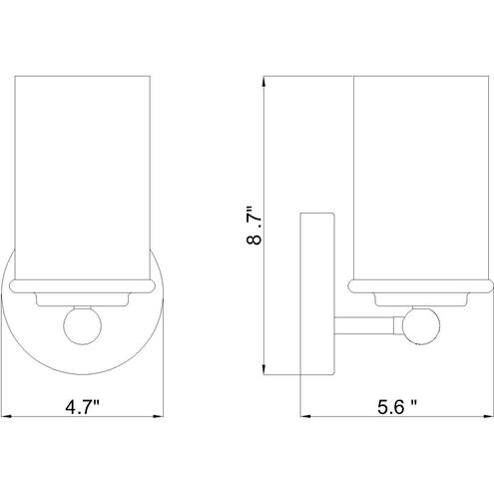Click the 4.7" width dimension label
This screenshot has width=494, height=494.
82,407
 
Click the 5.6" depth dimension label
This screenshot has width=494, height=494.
397,407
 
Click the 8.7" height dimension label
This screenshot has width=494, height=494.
254,226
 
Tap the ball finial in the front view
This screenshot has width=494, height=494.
82,325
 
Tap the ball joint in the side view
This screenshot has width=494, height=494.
421,325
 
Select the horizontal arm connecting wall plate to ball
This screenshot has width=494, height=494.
364,325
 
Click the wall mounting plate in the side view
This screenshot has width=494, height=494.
317,293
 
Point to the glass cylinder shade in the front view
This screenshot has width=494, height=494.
83,178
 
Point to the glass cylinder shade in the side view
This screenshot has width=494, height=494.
421,178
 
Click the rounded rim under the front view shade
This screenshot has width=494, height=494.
83,286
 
